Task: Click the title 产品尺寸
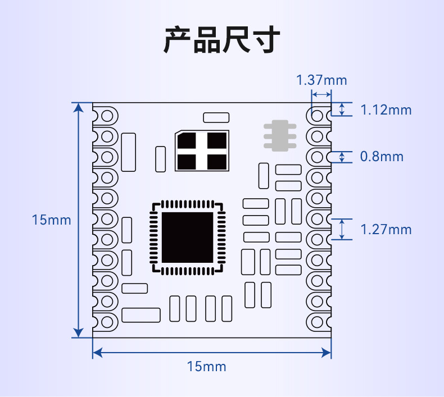click(x=221, y=40)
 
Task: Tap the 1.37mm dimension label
click(x=321, y=80)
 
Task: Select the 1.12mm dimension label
click(x=386, y=109)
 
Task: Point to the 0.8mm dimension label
click(x=382, y=157)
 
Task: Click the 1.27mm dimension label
click(x=386, y=229)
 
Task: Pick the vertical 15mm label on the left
click(x=52, y=220)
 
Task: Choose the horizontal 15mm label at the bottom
click(x=207, y=367)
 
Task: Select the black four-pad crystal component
click(x=202, y=150)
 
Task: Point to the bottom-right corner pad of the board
click(x=318, y=321)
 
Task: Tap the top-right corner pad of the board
click(x=318, y=116)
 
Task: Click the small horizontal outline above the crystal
click(x=216, y=117)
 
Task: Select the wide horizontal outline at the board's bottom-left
click(x=141, y=314)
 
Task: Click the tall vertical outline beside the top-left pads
click(x=129, y=152)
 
